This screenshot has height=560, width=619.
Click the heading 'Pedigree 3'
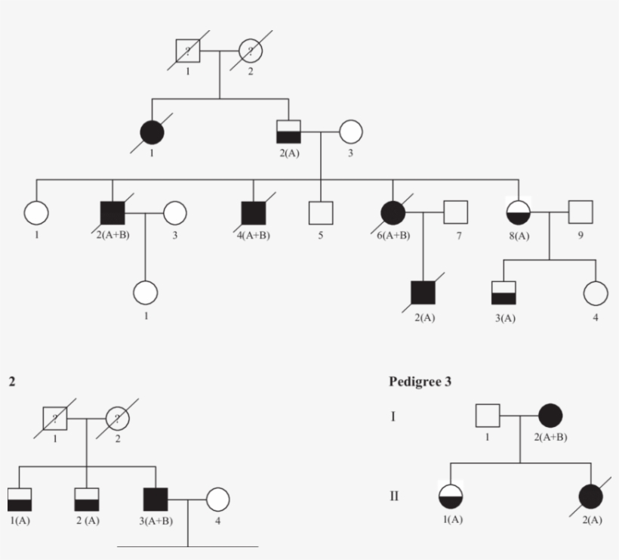420,382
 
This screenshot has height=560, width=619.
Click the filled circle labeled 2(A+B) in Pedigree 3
550,416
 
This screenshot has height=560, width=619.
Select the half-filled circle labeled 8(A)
519,213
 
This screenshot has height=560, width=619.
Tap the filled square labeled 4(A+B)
253,213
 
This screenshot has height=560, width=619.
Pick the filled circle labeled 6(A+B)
393,213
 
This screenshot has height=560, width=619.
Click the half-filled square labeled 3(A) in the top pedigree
504,292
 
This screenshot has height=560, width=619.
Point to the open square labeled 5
321,213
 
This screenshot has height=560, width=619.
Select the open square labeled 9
579,213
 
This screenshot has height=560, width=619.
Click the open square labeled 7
455,213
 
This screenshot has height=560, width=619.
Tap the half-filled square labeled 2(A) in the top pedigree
288,131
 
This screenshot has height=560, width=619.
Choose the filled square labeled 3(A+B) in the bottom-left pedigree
155,500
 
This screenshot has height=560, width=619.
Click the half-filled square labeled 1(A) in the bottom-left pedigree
18,500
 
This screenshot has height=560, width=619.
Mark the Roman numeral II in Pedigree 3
393,497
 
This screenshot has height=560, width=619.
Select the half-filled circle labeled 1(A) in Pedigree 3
451,497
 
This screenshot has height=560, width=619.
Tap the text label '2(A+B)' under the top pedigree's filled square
113,235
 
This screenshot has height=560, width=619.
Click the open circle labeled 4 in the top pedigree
596,292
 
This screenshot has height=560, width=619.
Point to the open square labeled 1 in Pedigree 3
488,416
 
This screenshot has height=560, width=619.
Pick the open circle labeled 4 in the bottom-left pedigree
217,500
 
